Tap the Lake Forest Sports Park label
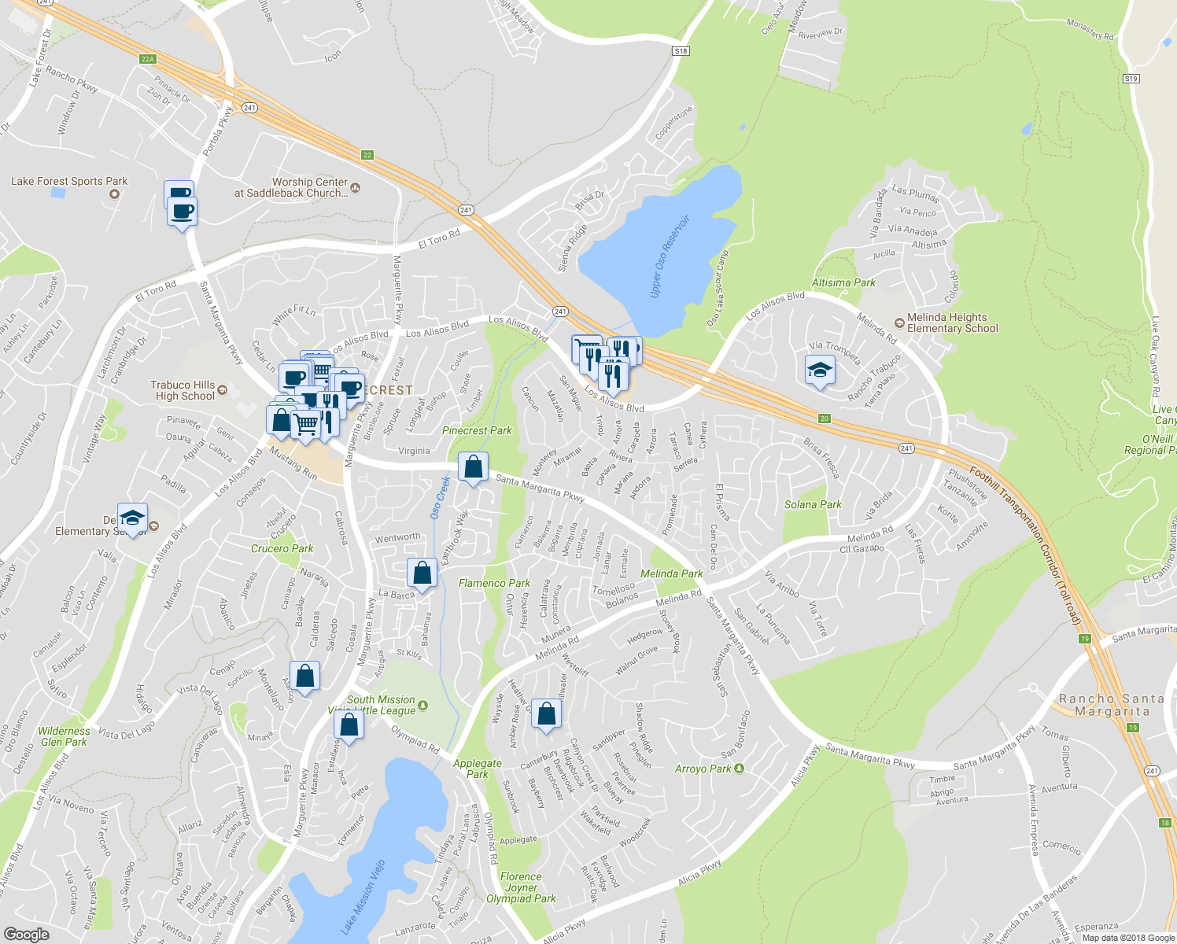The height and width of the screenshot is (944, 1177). pyautogui.click(x=69, y=182)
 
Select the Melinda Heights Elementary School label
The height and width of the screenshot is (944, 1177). pyautogui.click(x=952, y=323)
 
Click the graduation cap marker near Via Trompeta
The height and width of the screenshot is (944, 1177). pyautogui.click(x=820, y=371)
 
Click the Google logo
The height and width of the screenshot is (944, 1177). pyautogui.click(x=26, y=934)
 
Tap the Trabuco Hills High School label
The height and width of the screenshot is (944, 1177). pyautogui.click(x=183, y=391)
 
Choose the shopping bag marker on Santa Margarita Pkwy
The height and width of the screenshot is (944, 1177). pyautogui.click(x=473, y=467)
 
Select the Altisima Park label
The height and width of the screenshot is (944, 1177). pyautogui.click(x=843, y=282)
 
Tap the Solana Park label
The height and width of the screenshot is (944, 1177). pyautogui.click(x=813, y=504)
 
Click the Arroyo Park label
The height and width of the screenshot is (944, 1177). pyautogui.click(x=703, y=769)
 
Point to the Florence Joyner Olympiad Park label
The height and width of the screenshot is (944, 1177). pyautogui.click(x=521, y=887)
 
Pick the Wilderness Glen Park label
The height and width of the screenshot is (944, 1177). pyautogui.click(x=64, y=736)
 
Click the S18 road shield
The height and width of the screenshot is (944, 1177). pyautogui.click(x=681, y=51)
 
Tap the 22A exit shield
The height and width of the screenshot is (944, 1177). pyautogui.click(x=148, y=59)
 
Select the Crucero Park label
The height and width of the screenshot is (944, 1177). pyautogui.click(x=282, y=548)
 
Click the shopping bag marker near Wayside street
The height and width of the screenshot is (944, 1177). pyautogui.click(x=547, y=714)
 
